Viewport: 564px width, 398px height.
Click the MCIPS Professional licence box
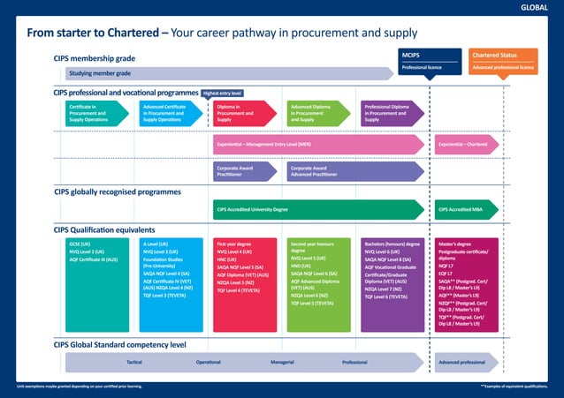429,60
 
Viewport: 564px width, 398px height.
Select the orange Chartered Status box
502,60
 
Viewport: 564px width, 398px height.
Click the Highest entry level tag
223,93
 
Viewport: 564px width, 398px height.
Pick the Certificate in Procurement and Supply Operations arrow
95,113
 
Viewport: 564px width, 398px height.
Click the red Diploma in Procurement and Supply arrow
243,113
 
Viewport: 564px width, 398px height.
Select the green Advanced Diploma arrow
317,113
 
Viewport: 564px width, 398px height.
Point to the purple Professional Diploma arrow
391,113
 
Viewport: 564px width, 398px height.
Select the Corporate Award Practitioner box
244,171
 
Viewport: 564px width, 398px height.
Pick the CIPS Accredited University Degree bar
318,210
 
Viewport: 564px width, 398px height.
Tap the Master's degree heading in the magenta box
455,244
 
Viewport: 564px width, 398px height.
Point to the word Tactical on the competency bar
134,363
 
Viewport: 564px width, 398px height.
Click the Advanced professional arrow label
461,363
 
